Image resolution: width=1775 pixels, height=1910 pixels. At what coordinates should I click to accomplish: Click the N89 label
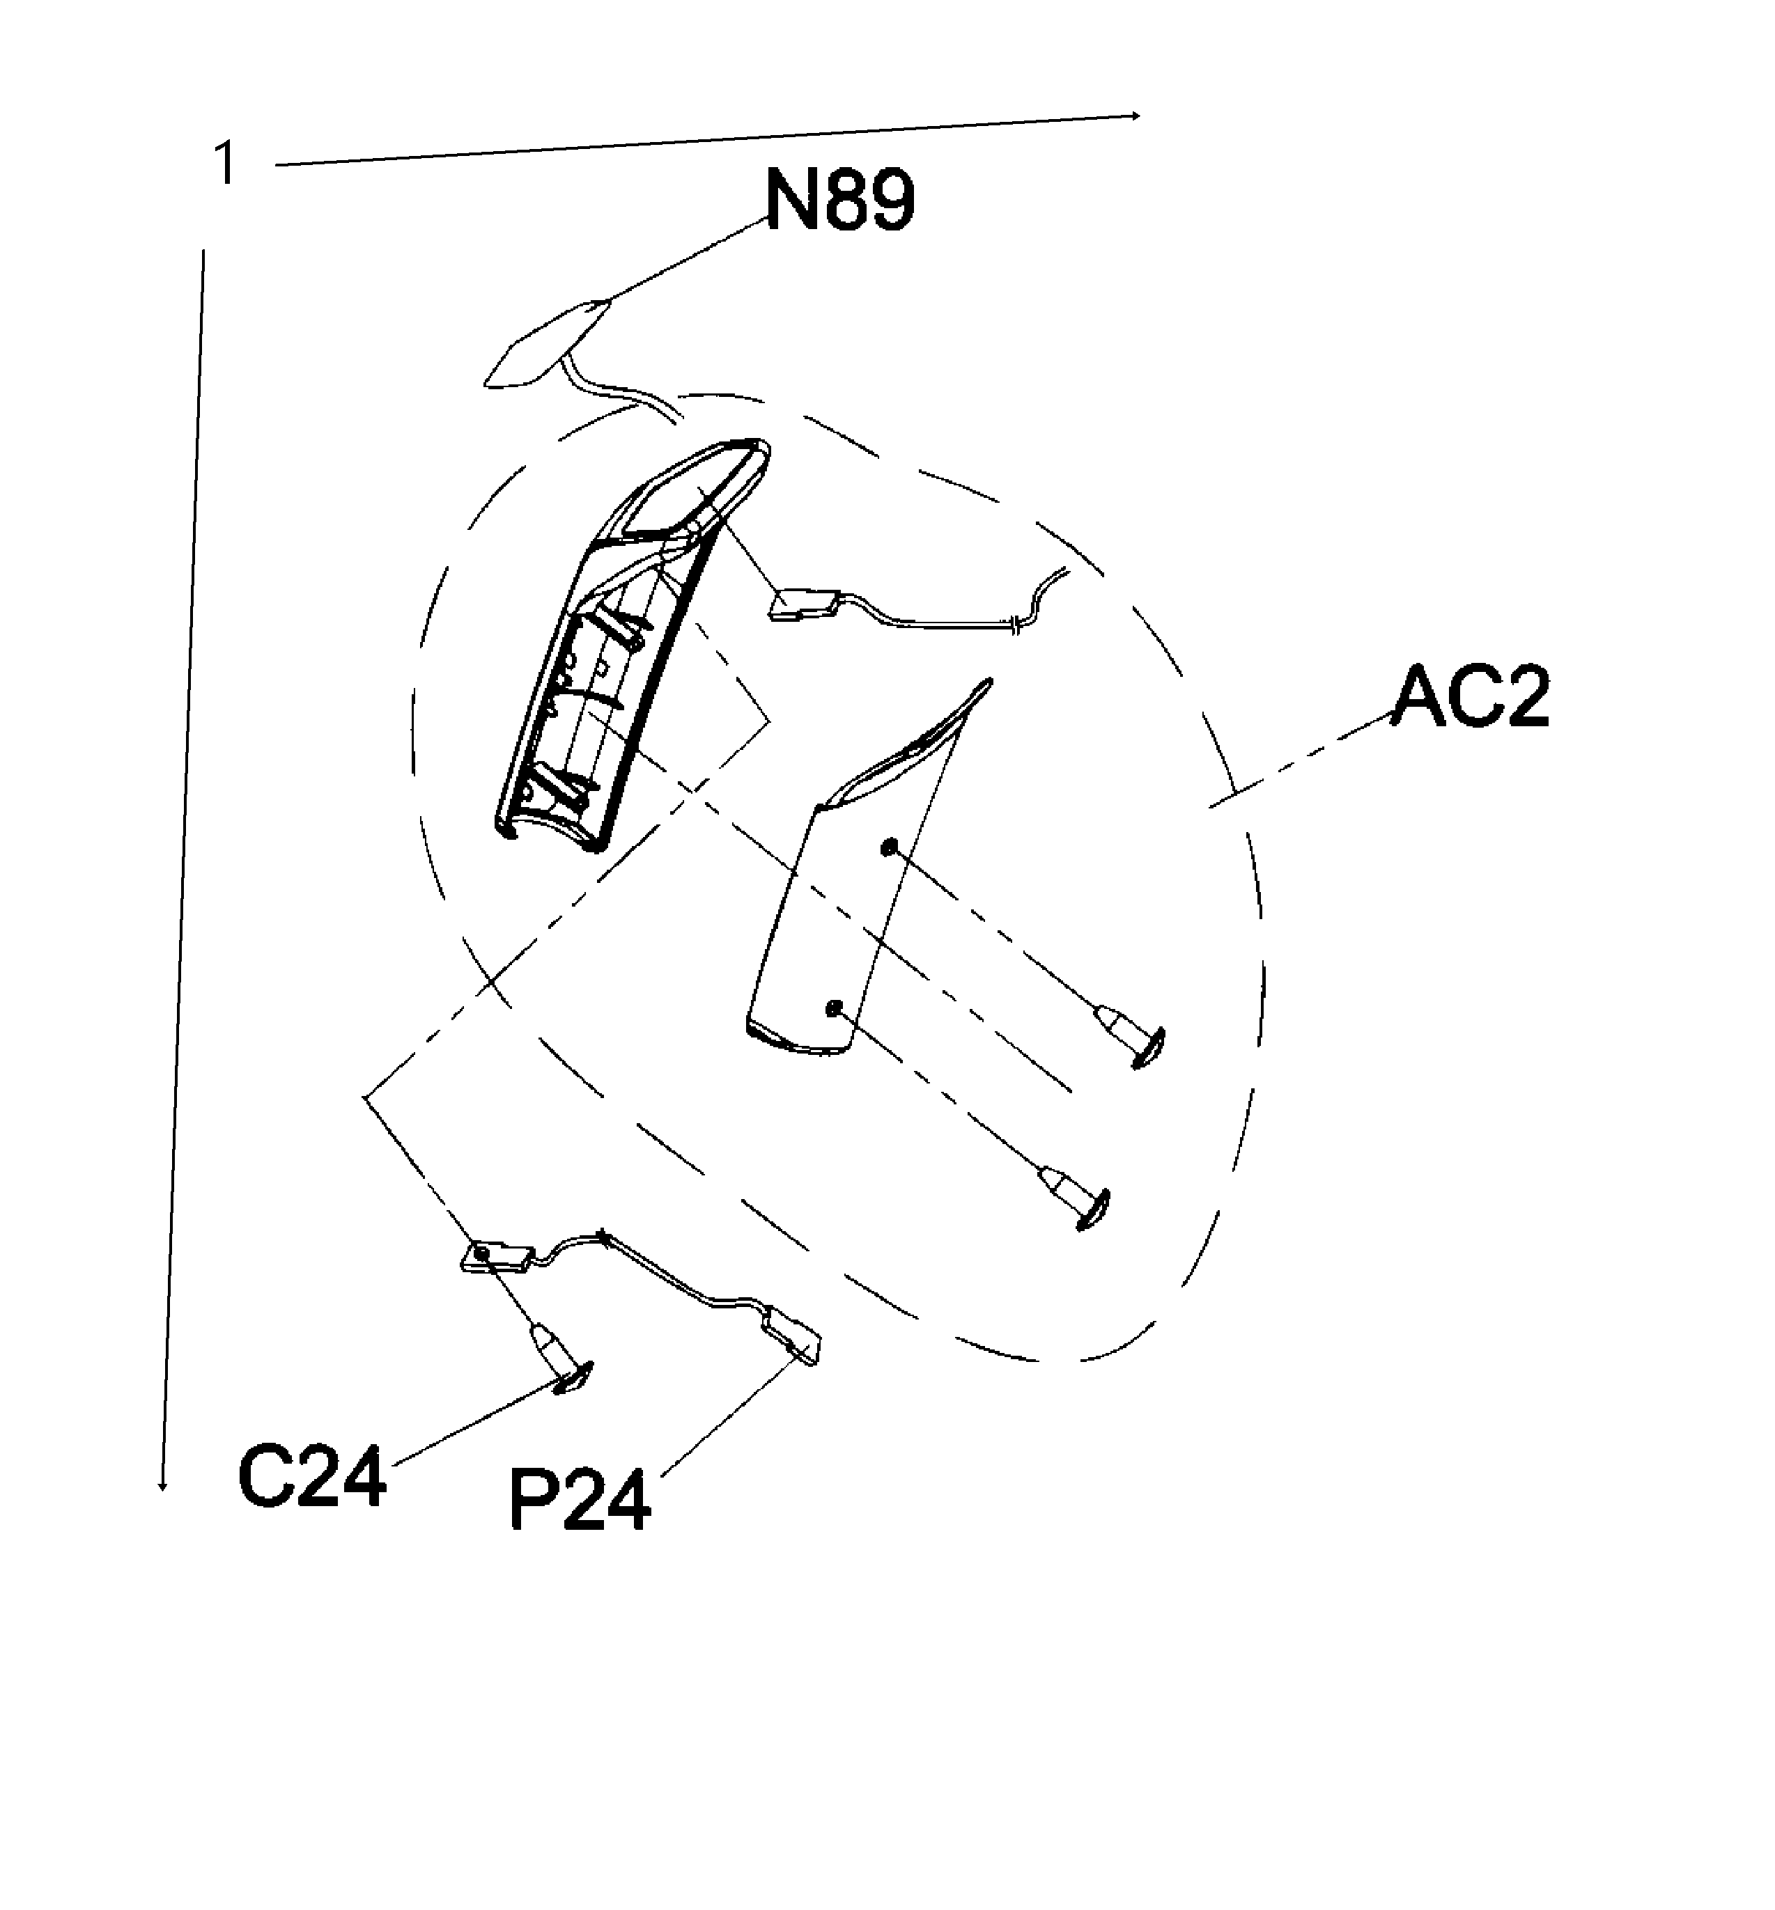[839, 200]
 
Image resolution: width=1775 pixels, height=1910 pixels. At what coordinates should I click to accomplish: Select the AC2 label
[1471, 698]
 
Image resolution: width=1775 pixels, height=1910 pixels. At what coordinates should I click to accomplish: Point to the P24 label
[579, 1501]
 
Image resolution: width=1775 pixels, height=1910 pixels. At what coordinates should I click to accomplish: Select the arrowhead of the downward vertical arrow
[163, 1487]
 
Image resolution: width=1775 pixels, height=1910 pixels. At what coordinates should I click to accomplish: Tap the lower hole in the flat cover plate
[832, 1008]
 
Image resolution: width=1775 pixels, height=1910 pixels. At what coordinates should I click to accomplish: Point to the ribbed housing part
[596, 663]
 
